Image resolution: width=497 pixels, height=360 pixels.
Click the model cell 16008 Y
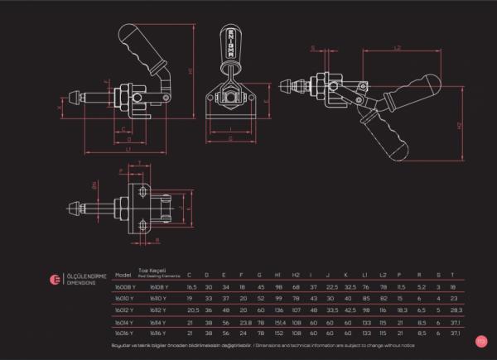[x=125, y=286]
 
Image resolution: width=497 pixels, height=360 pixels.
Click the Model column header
[x=124, y=274]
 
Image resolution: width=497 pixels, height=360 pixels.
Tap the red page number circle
[x=480, y=340]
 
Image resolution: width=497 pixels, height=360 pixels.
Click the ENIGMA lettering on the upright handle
[x=229, y=45]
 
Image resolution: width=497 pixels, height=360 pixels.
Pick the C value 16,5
[x=191, y=286]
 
